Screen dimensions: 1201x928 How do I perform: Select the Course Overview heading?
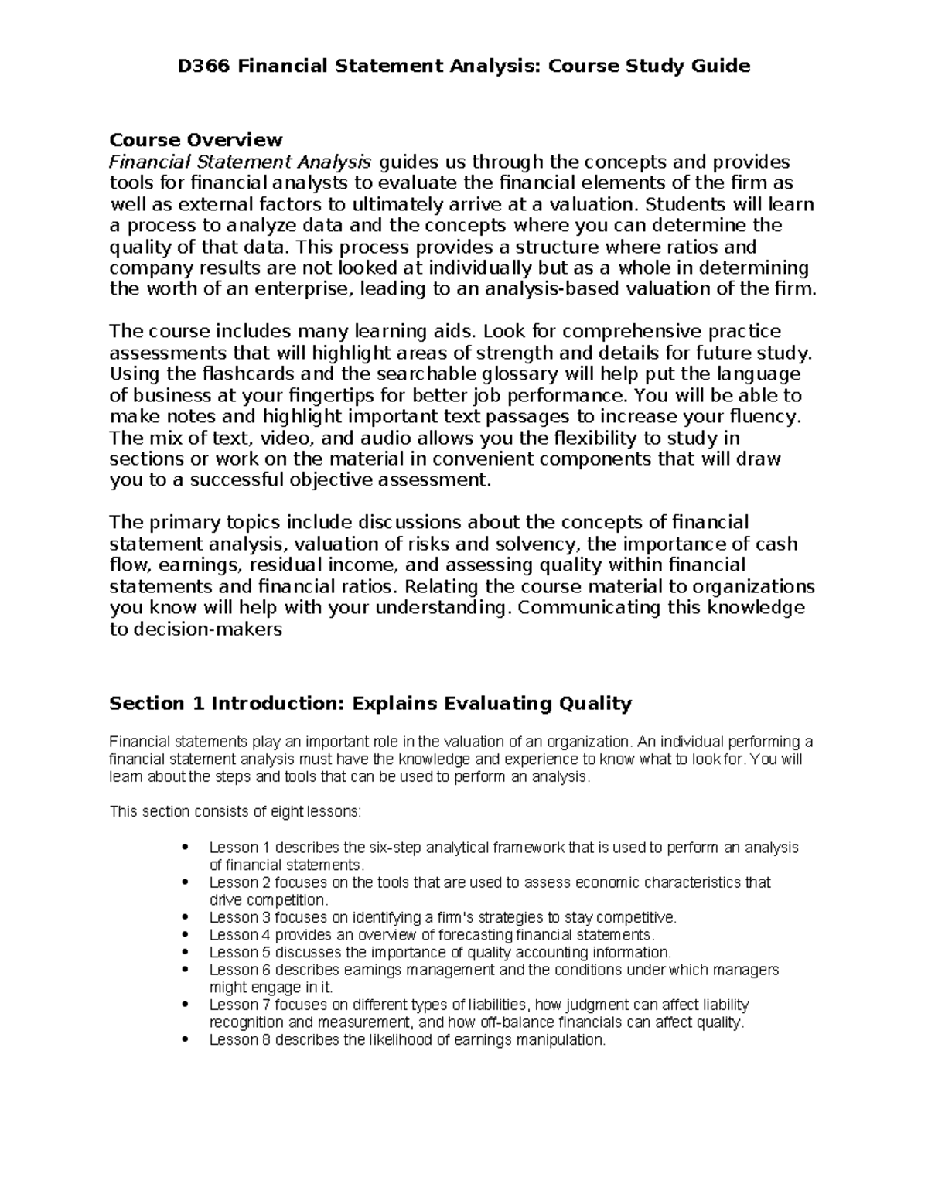point(196,140)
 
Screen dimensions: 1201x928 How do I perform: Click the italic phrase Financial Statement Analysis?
point(240,162)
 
